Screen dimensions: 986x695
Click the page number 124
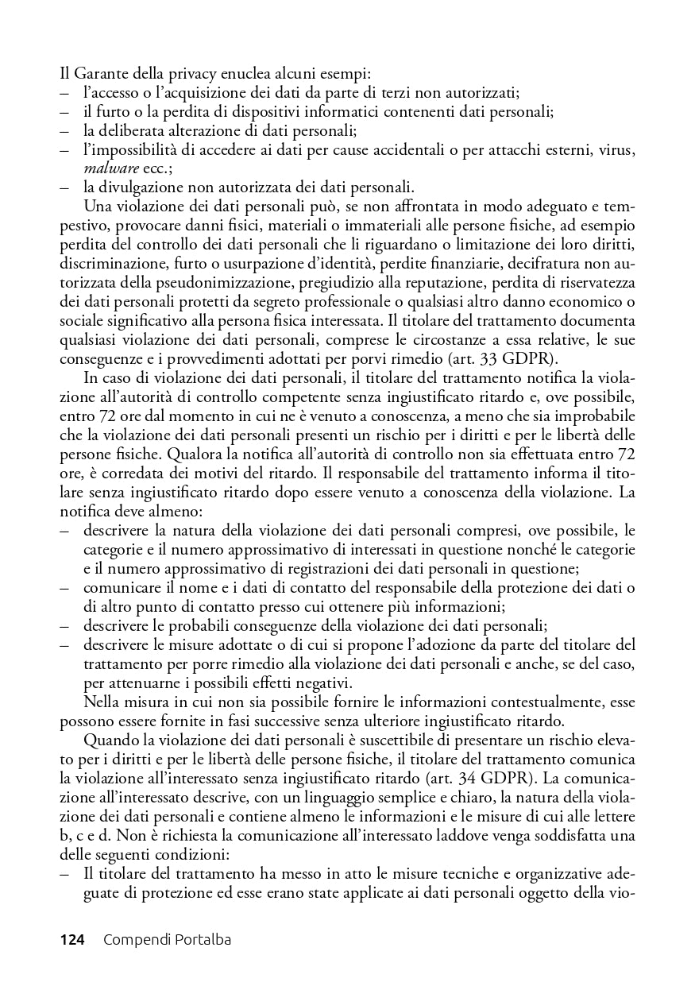(72, 940)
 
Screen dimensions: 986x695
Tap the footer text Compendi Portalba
(167, 940)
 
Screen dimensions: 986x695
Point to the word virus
(615, 150)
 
